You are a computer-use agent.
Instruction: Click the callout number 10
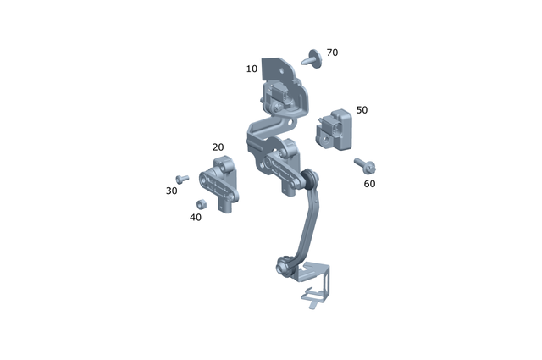point(252,69)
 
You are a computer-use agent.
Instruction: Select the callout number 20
point(218,147)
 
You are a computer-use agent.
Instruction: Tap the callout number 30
point(172,191)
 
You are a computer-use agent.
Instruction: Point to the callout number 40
point(196,218)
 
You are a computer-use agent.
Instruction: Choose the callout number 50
point(362,110)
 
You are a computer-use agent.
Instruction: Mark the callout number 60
point(369,184)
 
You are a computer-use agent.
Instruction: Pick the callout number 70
point(332,53)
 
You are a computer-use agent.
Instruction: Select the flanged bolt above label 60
point(366,163)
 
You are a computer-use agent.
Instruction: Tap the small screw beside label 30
point(180,179)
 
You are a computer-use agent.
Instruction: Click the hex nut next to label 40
point(201,204)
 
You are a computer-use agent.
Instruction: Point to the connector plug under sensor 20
point(226,207)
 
